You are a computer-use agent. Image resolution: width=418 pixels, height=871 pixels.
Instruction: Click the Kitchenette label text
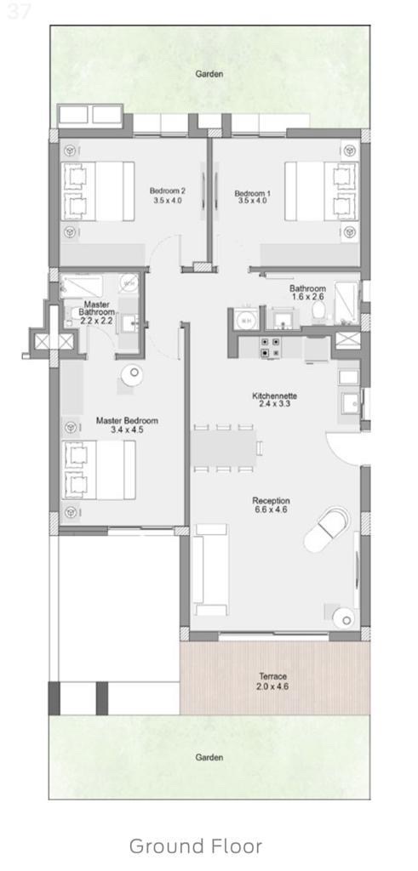click(275, 396)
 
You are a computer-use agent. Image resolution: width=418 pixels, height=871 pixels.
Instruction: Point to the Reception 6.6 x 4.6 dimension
click(271, 510)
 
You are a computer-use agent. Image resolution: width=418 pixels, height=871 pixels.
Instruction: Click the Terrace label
click(273, 676)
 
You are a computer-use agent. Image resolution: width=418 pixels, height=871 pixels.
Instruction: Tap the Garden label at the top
click(209, 73)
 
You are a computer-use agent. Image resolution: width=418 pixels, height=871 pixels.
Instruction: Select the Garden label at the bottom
click(209, 757)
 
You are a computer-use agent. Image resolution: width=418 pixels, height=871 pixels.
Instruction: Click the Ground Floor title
click(196, 846)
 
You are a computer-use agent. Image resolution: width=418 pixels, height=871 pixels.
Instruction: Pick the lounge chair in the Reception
click(327, 528)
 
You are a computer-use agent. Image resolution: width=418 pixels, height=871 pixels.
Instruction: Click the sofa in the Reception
click(210, 569)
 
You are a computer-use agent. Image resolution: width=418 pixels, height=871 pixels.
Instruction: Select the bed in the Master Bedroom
click(99, 470)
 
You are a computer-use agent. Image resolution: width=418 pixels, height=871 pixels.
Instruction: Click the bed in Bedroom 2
click(98, 191)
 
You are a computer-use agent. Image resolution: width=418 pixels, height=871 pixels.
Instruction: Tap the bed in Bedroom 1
click(321, 191)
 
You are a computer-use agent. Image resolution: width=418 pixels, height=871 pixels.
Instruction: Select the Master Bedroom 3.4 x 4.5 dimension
click(127, 430)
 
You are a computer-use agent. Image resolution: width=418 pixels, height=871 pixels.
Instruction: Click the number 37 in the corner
click(19, 12)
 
